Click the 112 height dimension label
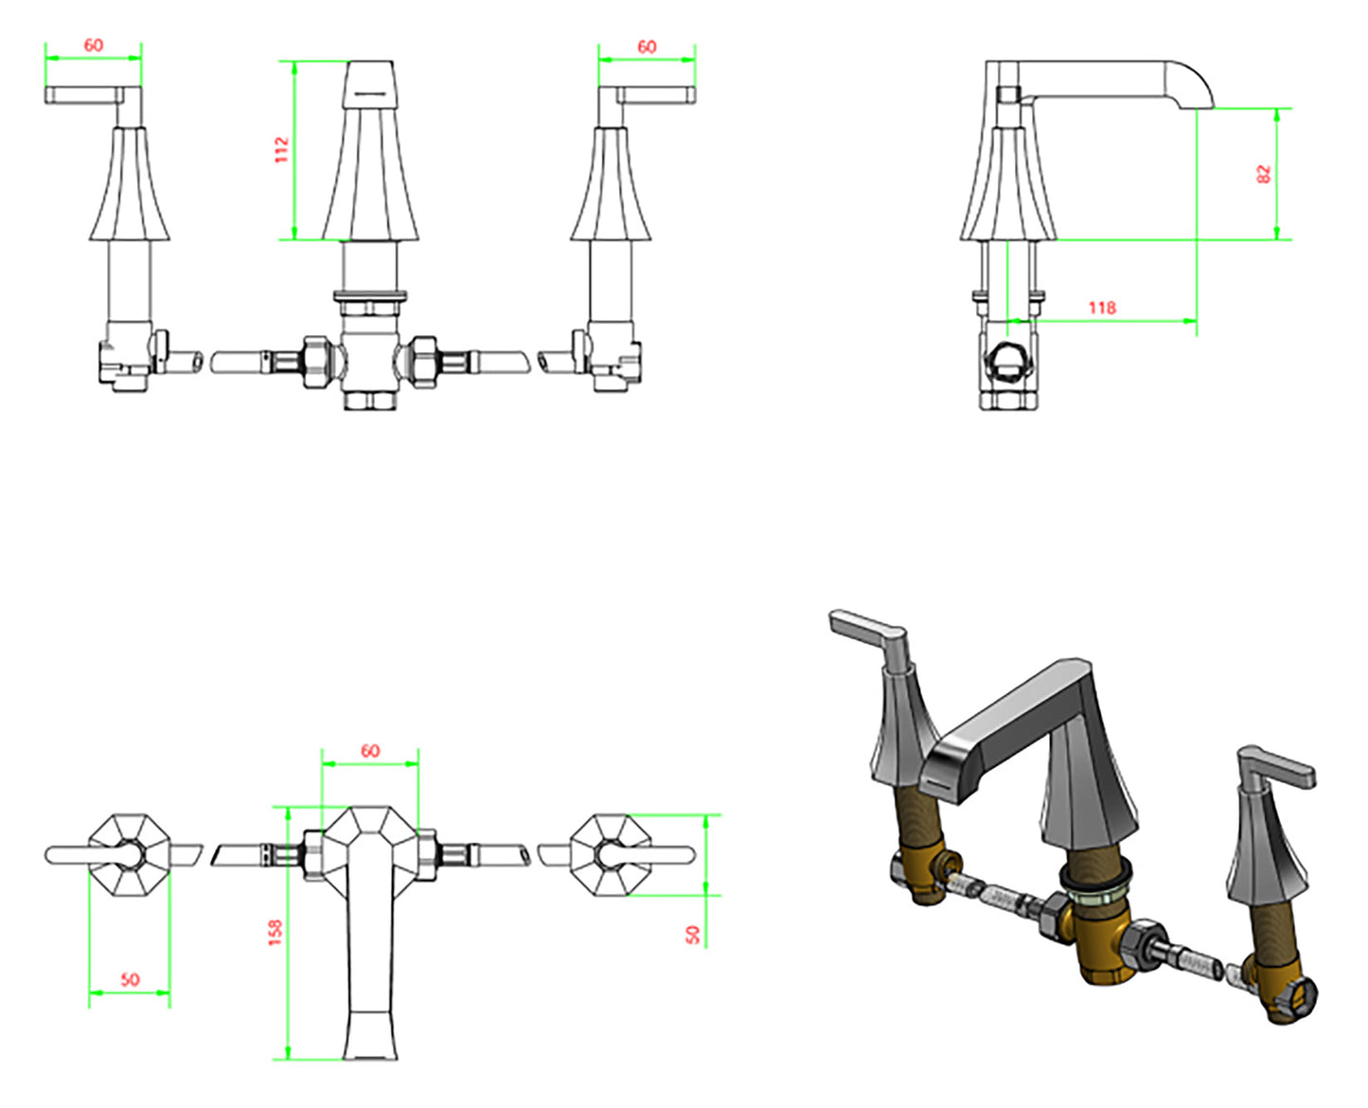(281, 150)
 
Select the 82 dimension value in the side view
(1263, 173)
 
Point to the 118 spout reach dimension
(1101, 308)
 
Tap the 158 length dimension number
(275, 932)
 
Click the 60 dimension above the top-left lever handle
(93, 45)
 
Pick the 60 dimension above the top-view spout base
(370, 750)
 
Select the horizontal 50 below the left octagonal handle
(130, 979)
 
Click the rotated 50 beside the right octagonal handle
(693, 935)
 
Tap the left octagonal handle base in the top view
(130, 854)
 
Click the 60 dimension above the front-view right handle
(647, 46)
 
